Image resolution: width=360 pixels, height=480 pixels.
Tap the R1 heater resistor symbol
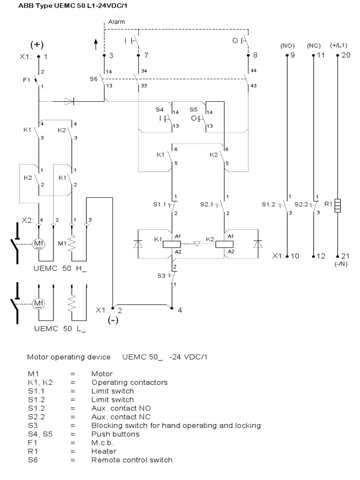point(338,206)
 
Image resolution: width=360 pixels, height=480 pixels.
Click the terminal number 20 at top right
point(346,55)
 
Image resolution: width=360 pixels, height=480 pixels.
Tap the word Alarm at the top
point(117,22)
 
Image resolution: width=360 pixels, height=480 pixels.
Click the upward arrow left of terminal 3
point(96,45)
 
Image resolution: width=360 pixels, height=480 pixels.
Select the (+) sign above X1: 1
point(37,45)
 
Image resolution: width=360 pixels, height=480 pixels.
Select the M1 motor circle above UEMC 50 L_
point(37,303)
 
